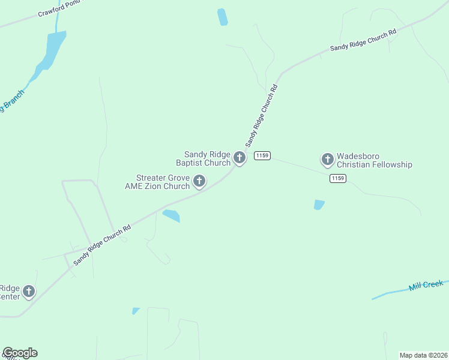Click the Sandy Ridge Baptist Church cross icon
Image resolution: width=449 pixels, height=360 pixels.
click(x=240, y=158)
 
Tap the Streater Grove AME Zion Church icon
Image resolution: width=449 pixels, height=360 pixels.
click(x=199, y=181)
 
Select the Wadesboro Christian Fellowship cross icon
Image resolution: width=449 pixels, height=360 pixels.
click(x=328, y=159)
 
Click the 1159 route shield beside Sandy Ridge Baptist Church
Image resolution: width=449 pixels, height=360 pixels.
click(x=262, y=156)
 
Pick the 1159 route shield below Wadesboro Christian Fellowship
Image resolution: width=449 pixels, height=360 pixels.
click(x=338, y=178)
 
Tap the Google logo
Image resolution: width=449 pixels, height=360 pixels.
click(x=20, y=353)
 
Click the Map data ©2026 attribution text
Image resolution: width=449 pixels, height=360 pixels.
click(x=423, y=355)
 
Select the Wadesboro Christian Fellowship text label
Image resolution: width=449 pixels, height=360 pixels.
click(x=375, y=160)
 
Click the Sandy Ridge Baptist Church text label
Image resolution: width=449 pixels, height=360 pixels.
click(x=207, y=158)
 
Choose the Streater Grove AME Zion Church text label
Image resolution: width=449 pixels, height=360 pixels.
click(x=157, y=182)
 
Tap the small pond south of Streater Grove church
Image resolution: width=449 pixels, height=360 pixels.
click(x=171, y=215)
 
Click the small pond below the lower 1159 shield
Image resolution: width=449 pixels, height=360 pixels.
click(x=319, y=205)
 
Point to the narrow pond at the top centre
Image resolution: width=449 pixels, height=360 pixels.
click(x=223, y=17)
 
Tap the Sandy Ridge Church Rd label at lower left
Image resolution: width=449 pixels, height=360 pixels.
click(x=102, y=245)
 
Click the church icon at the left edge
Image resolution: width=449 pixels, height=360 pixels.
click(x=28, y=292)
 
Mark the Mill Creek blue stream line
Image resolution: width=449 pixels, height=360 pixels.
click(x=390, y=294)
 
